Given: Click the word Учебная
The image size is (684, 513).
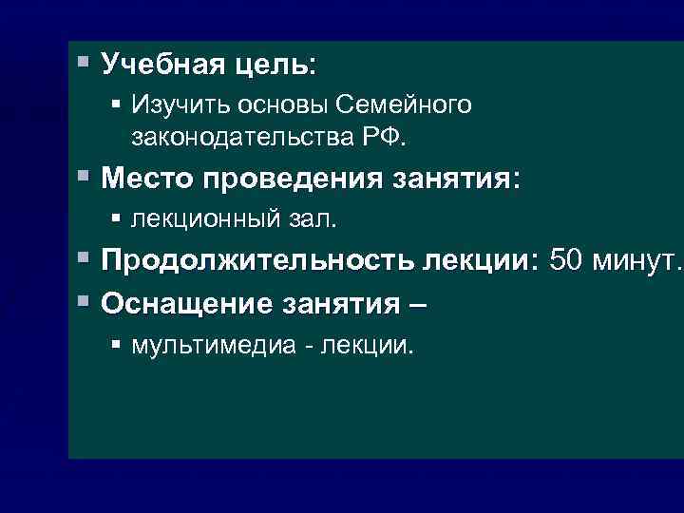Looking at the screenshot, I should pyautogui.click(x=158, y=66).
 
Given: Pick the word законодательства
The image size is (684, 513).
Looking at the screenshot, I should pyautogui.click(x=241, y=138).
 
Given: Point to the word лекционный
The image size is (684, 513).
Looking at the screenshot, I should pyautogui.click(x=204, y=219).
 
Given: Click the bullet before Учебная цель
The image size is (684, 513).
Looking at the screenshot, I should pyautogui.click(x=84, y=65).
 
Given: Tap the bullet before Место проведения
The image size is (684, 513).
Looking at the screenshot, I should pyautogui.click(x=84, y=177).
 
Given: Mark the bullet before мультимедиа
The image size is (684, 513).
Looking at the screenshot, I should pyautogui.click(x=116, y=343).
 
